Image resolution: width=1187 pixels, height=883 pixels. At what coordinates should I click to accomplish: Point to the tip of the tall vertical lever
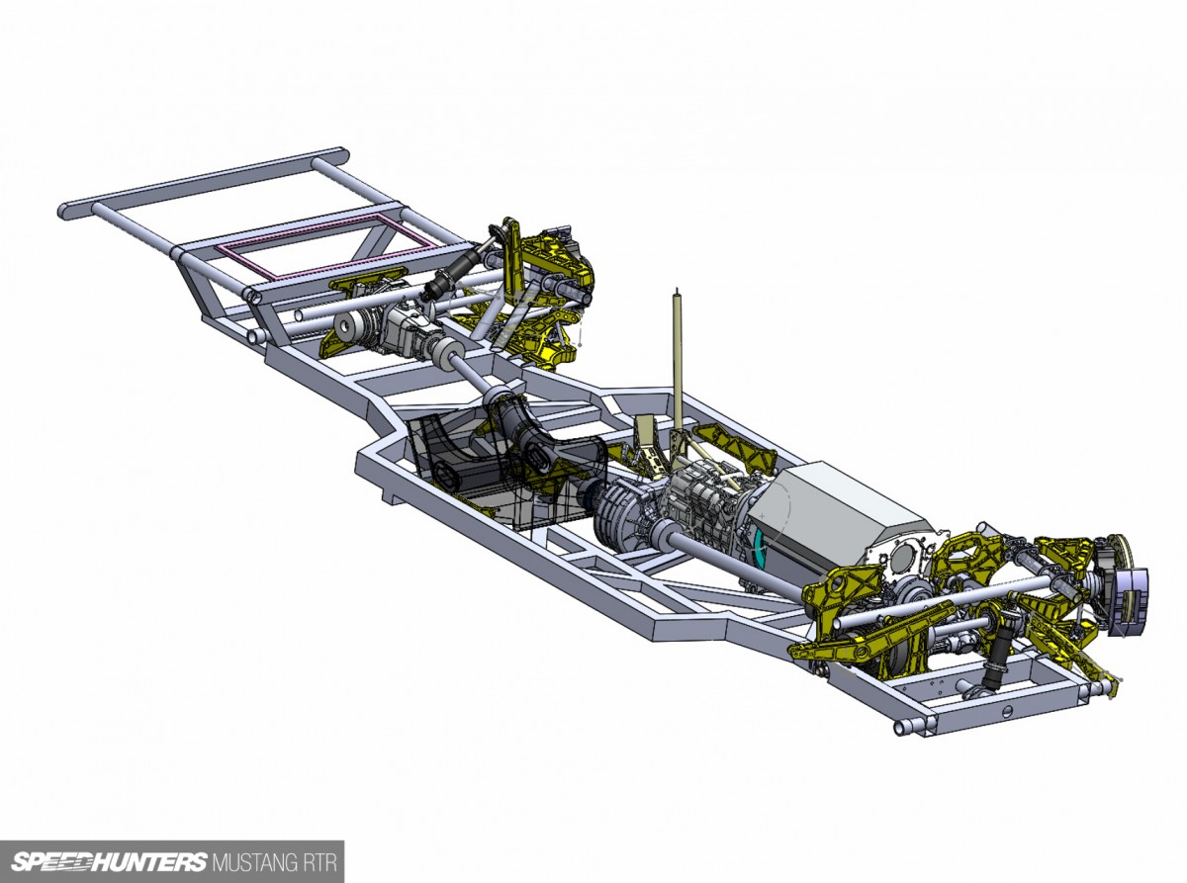pyautogui.click(x=678, y=290)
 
